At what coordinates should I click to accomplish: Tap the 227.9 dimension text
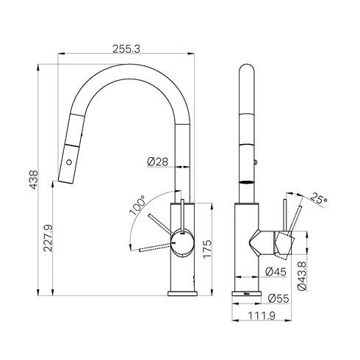tap(47, 239)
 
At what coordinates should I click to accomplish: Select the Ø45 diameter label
tap(276, 272)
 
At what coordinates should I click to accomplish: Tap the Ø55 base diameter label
tap(277, 298)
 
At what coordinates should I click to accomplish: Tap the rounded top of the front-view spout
tap(248, 73)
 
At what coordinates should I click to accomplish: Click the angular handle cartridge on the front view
tap(276, 242)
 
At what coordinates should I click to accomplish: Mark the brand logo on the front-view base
tap(248, 292)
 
